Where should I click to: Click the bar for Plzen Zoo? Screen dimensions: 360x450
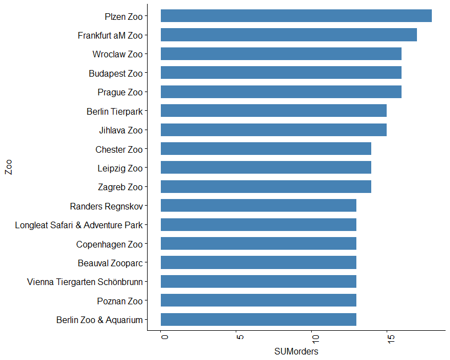click(x=296, y=15)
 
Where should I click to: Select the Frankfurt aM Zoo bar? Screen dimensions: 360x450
click(x=289, y=35)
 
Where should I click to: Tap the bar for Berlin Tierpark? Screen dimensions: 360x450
click(x=273, y=111)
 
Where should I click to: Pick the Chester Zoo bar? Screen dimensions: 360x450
click(x=265, y=149)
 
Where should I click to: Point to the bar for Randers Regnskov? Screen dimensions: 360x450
click(x=258, y=206)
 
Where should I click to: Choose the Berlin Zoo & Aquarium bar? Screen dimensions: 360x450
click(x=258, y=320)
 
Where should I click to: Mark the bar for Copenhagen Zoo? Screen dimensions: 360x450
click(x=258, y=244)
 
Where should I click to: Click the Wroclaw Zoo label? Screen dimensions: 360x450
click(x=117, y=54)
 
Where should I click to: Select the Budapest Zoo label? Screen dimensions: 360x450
click(x=116, y=73)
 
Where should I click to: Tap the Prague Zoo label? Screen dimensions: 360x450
click(x=120, y=92)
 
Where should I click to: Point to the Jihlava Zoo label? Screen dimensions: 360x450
click(x=121, y=130)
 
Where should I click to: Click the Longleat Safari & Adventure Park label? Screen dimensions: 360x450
click(x=79, y=225)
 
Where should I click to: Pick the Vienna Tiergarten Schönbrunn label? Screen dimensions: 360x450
click(x=85, y=282)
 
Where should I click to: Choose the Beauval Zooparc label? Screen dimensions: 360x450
click(x=110, y=263)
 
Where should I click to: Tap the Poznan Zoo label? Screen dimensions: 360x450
click(x=120, y=301)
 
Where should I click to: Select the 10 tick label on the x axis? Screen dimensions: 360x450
click(x=313, y=337)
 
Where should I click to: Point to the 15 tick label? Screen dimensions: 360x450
click(x=388, y=337)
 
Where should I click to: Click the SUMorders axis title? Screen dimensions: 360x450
click(x=296, y=351)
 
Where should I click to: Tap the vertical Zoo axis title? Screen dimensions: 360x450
click(x=8, y=167)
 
